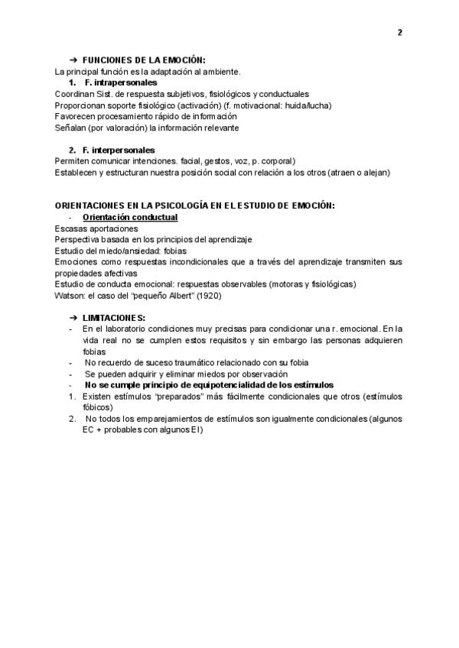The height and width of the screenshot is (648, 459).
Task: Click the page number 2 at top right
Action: [399, 32]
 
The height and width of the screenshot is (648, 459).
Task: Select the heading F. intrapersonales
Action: [122, 82]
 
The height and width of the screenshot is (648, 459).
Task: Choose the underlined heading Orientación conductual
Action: [129, 217]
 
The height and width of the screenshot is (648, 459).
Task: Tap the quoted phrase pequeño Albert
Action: [156, 296]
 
